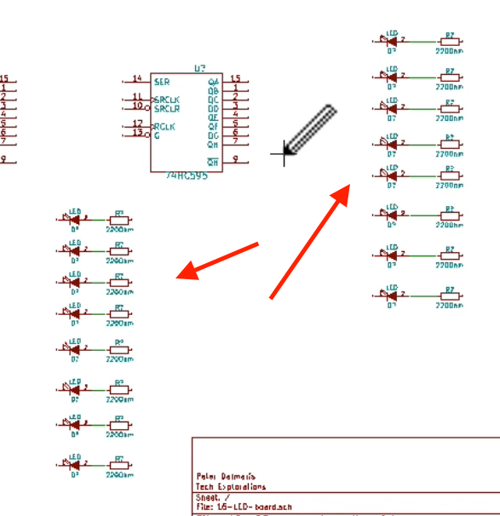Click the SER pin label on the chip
[161, 81]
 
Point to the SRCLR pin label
[168, 108]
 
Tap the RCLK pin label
[165, 127]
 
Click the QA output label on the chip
[213, 81]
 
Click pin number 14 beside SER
[138, 78]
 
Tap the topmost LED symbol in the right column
[392, 40]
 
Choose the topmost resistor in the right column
[451, 40]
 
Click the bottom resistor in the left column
[119, 463]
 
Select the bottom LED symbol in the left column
[75, 463]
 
